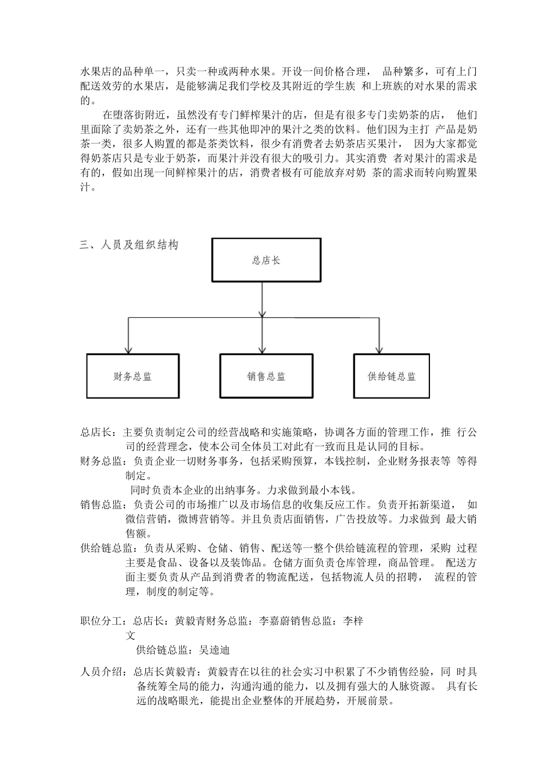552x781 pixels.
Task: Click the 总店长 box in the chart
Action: point(266,260)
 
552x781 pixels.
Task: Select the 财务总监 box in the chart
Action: point(132,377)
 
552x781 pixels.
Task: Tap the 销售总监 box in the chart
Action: point(266,377)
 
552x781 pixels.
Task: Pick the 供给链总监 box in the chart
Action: point(392,377)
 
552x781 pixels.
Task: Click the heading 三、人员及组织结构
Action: point(129,245)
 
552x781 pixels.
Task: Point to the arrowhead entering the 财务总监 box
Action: point(128,350)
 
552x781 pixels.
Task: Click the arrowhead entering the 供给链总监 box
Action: point(378,350)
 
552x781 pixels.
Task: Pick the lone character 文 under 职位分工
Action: point(131,636)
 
